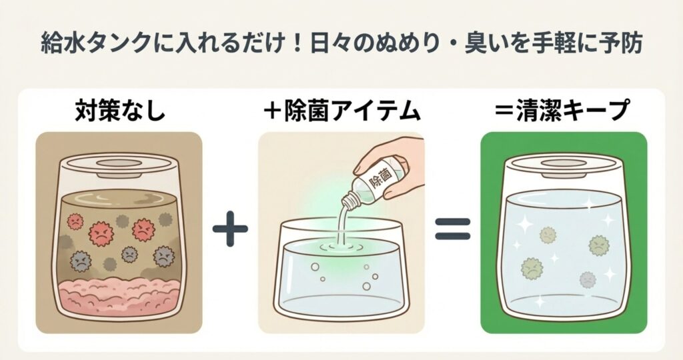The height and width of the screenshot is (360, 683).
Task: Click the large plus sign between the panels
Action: (x=230, y=229)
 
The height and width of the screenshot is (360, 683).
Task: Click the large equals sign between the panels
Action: (x=453, y=229)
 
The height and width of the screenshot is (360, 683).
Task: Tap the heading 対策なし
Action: (x=120, y=111)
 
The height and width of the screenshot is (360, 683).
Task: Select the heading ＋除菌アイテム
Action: (x=342, y=111)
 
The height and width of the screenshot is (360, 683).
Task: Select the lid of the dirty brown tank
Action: (x=118, y=165)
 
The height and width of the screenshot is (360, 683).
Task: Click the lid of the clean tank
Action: (x=564, y=166)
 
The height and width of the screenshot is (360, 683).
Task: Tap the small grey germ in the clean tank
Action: (x=588, y=279)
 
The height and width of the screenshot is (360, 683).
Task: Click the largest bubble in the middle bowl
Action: (x=366, y=285)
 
